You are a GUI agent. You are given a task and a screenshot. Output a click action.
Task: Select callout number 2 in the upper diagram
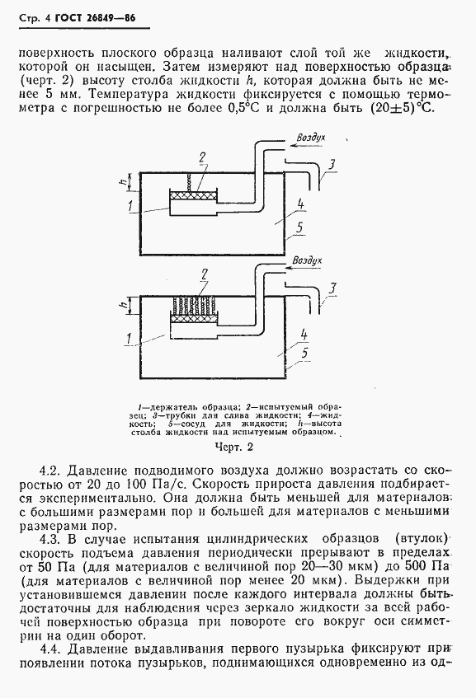[201, 157]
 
